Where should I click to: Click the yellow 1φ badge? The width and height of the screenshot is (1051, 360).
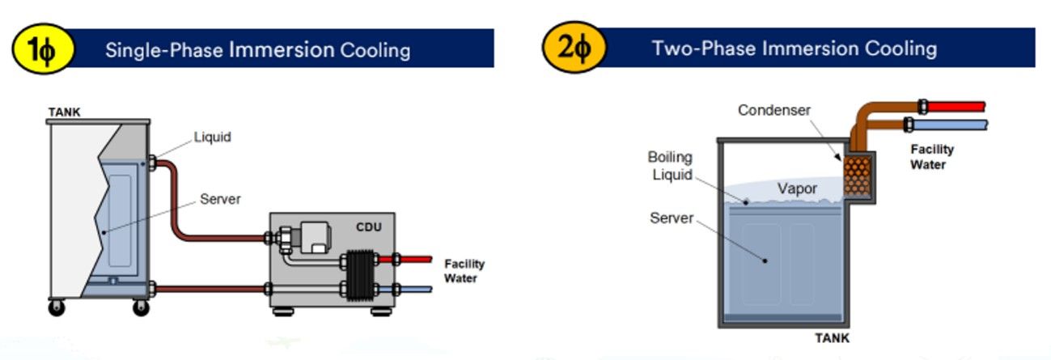[x=43, y=49]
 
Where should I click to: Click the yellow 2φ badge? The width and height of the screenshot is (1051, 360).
[x=574, y=47]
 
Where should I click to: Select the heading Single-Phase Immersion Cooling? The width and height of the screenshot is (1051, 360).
[x=257, y=50]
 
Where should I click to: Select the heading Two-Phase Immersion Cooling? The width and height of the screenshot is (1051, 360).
[x=795, y=49]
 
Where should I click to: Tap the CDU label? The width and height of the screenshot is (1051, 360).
[x=369, y=227]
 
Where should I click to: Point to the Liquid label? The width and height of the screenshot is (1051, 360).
[x=213, y=137]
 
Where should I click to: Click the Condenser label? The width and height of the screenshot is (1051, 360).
[x=774, y=110]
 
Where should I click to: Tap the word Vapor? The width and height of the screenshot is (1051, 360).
[x=797, y=188]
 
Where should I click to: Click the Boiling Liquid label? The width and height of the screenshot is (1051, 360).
[x=670, y=166]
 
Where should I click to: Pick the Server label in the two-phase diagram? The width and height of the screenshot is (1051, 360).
[x=672, y=218]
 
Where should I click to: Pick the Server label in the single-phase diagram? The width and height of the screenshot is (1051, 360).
[x=220, y=199]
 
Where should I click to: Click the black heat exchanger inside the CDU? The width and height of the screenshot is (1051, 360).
[x=360, y=275]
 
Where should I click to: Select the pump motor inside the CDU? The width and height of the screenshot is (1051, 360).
[x=315, y=237]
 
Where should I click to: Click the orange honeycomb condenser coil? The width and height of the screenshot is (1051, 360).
[x=857, y=176]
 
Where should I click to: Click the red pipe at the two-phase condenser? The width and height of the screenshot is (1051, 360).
[x=956, y=107]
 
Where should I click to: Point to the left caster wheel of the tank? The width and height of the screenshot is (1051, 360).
[x=57, y=307]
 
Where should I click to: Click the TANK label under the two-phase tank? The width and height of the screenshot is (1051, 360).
[x=832, y=338]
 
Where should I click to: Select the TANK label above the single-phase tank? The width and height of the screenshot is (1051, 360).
[x=64, y=112]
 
